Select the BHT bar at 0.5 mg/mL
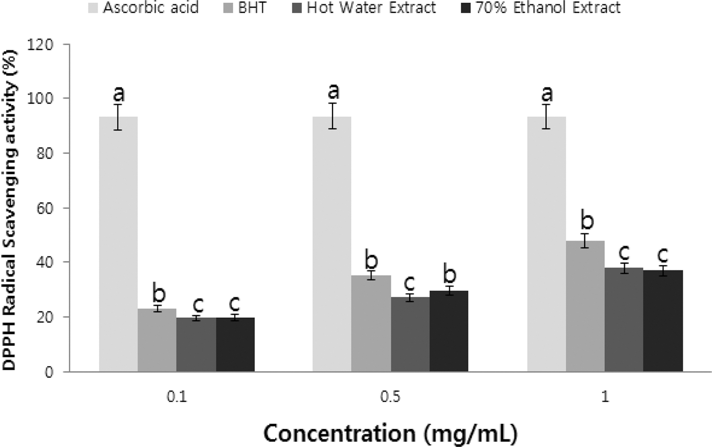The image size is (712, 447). click(x=371, y=323)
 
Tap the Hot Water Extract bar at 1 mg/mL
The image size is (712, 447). click(x=624, y=319)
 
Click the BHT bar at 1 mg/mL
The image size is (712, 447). click(x=585, y=306)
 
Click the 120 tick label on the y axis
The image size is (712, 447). click(x=40, y=45)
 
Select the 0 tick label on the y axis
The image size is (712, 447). click(x=49, y=372)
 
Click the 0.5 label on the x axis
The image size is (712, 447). click(x=390, y=397)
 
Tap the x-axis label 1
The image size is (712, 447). click(x=604, y=397)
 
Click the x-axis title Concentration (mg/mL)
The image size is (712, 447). click(x=390, y=433)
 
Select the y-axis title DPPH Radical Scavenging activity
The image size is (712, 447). click(x=10, y=209)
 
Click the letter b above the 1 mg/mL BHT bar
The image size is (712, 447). click(x=587, y=220)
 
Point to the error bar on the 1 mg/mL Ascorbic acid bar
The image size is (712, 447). click(x=546, y=116)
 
